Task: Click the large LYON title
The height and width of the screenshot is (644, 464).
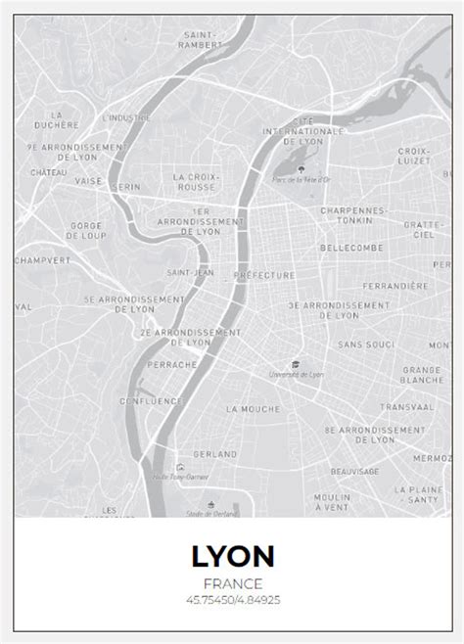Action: tap(232, 558)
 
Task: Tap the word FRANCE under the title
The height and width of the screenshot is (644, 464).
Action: tap(232, 584)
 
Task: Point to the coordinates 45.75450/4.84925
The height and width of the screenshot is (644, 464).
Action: tap(232, 599)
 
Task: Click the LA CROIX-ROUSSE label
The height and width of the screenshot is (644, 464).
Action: tap(196, 182)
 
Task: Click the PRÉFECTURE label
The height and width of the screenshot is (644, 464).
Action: tap(264, 276)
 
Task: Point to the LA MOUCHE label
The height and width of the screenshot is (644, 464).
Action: tap(253, 408)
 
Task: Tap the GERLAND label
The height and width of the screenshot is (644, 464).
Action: tap(216, 454)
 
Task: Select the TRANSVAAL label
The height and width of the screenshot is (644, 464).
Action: tap(407, 406)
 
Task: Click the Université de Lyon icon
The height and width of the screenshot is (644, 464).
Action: tap(296, 362)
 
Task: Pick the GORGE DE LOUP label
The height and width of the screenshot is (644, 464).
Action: tap(87, 230)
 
